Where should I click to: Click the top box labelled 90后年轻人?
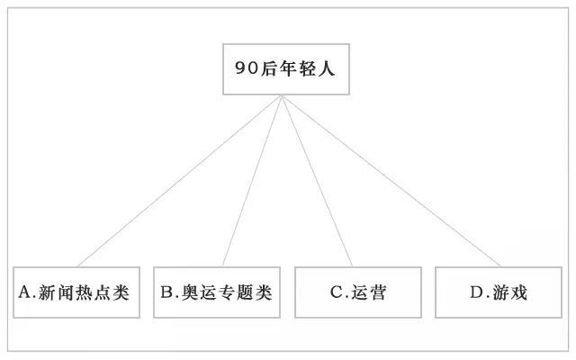(286, 69)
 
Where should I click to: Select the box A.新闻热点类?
(76, 292)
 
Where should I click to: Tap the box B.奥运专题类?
(217, 292)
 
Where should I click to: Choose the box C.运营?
(358, 292)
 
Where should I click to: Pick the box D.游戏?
(499, 292)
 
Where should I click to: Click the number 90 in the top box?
(247, 68)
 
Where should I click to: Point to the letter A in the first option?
(25, 292)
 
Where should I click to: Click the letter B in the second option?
(166, 292)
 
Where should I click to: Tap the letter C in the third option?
(337, 292)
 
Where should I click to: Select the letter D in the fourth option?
(477, 292)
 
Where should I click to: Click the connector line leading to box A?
(180, 181)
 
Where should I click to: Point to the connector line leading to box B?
(252, 181)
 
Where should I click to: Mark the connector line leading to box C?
(318, 181)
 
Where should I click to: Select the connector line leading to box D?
(391, 181)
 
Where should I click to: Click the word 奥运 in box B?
(199, 292)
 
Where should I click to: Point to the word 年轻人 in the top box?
(308, 68)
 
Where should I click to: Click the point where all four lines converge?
(282, 95)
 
